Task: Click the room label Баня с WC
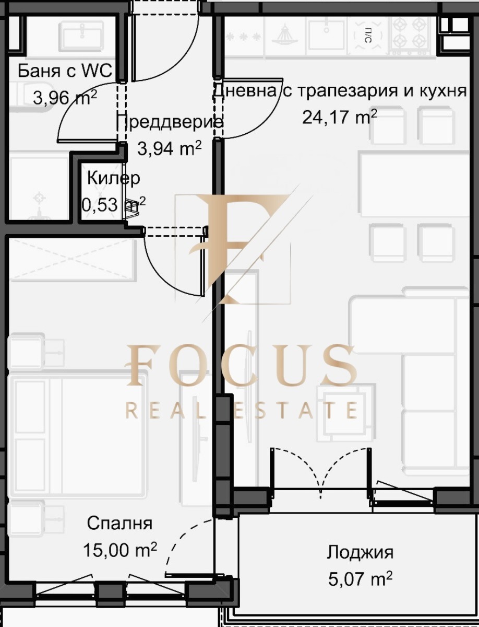[x=65, y=71]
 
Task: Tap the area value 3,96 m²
[x=65, y=97]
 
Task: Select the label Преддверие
[x=169, y=122]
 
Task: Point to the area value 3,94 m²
[x=169, y=148]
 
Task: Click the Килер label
[x=113, y=178]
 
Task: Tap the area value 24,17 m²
[x=340, y=117]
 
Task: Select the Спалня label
[x=119, y=523]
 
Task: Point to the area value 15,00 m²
[x=119, y=549]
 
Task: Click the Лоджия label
[x=360, y=552]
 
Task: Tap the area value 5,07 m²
[x=360, y=578]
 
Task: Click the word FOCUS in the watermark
[x=242, y=365]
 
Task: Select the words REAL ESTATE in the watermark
[x=242, y=410]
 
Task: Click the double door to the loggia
[x=320, y=470]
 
